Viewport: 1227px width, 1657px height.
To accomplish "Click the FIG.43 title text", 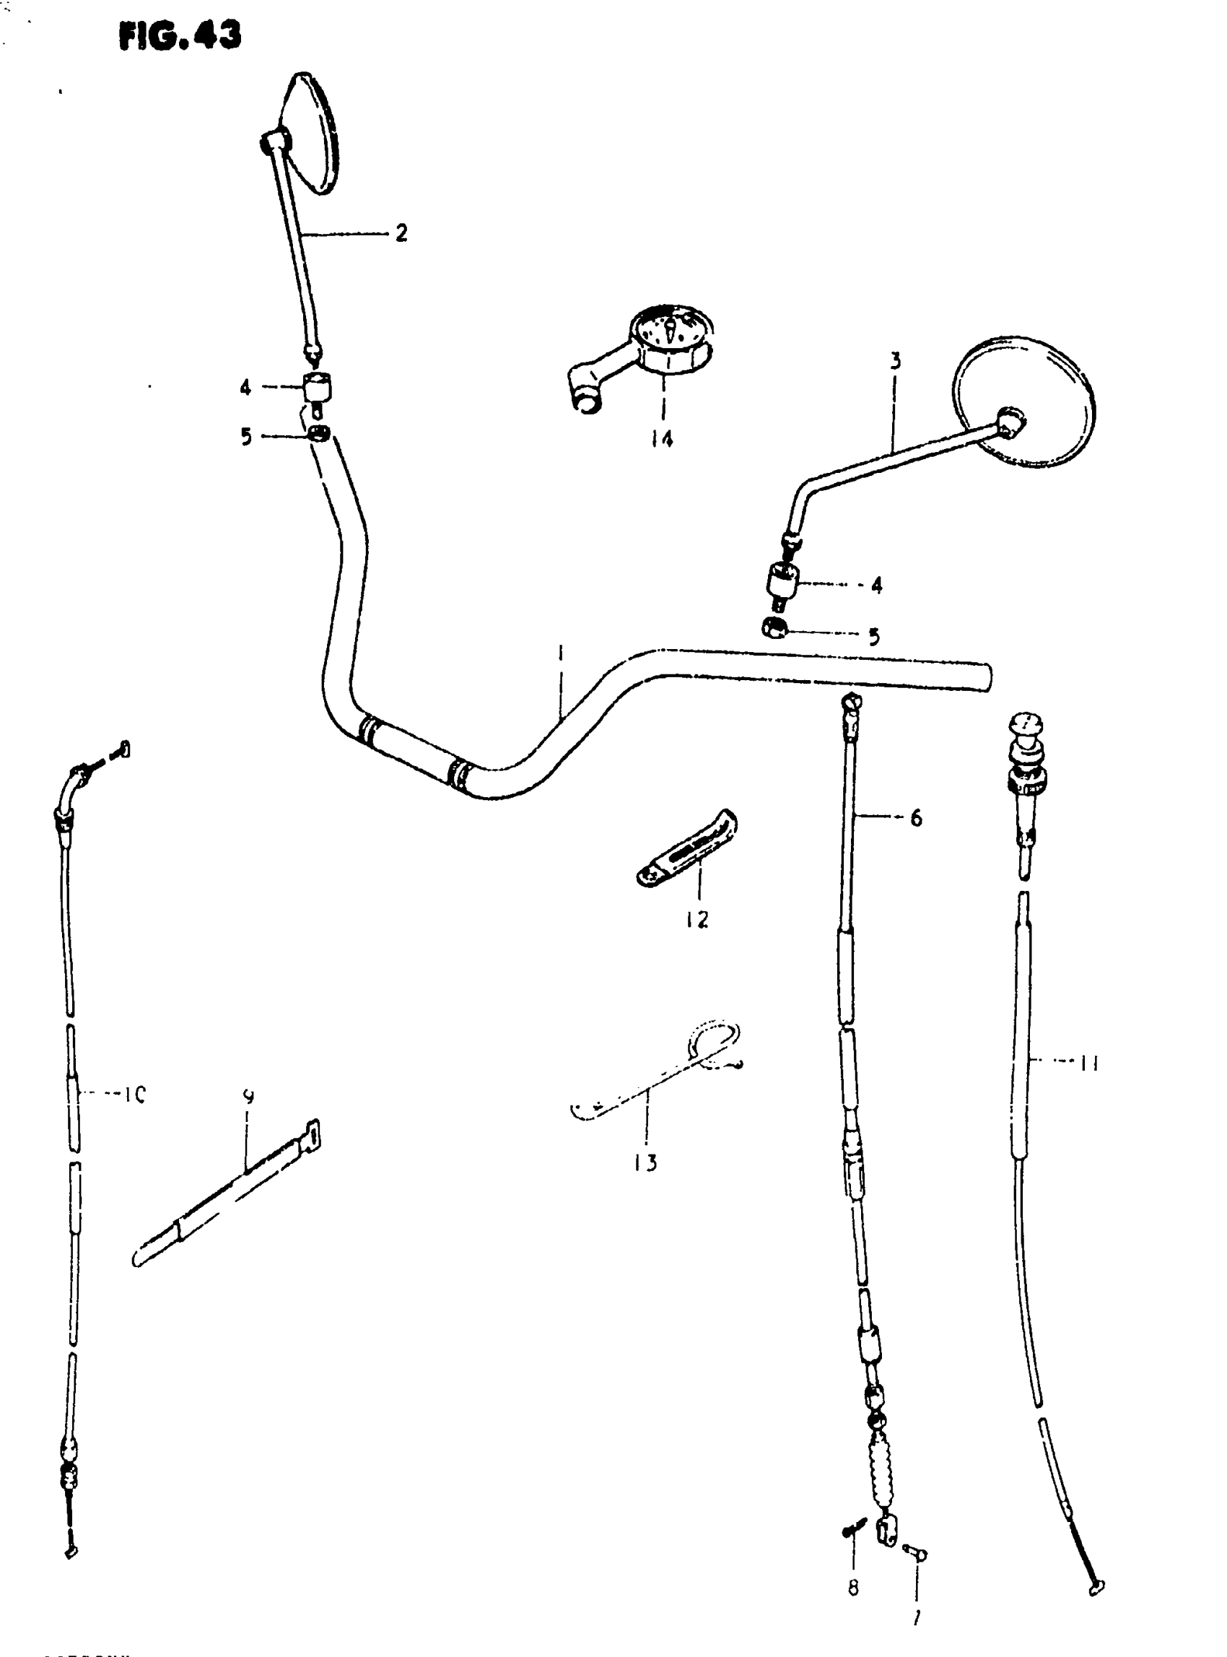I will tap(180, 35).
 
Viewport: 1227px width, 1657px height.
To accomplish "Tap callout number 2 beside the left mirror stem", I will tap(401, 233).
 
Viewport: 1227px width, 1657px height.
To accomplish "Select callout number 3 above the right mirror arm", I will tap(896, 362).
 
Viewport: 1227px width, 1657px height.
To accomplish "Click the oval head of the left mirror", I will tap(312, 134).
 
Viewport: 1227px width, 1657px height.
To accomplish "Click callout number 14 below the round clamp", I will tap(662, 439).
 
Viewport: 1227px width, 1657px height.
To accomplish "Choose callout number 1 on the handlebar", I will tap(561, 654).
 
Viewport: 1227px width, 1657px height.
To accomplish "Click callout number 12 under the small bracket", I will tap(697, 920).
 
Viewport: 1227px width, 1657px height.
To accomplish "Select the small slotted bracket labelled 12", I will tap(687, 849).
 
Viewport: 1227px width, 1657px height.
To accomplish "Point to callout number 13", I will tap(645, 1163).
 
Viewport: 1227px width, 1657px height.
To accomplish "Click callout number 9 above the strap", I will tap(249, 1096).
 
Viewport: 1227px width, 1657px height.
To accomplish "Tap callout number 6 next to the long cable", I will tap(916, 818).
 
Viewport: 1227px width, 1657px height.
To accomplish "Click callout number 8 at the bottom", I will tap(852, 1588).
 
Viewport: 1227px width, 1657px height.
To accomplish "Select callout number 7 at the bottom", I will tap(916, 1617).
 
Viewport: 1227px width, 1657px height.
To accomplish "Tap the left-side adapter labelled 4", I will tap(317, 387).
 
